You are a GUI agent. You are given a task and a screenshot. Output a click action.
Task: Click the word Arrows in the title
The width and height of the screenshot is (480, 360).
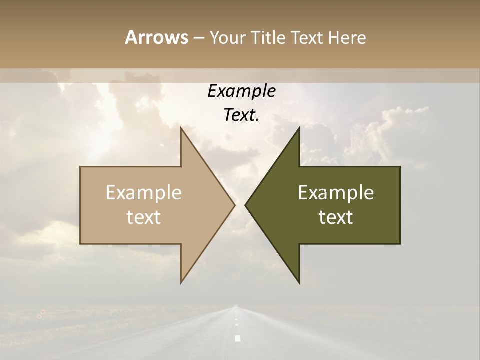coord(156,37)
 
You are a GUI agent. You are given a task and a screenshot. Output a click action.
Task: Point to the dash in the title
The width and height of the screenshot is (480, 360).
coord(198,38)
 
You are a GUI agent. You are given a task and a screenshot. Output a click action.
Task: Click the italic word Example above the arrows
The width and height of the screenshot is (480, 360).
coord(241,91)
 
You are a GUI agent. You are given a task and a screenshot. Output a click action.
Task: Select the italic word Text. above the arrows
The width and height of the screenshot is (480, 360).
coord(241,115)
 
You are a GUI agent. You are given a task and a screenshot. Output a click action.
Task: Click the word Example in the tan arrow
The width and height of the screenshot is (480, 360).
coord(144,193)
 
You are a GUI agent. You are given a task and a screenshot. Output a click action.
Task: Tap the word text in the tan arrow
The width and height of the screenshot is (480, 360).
coord(144,217)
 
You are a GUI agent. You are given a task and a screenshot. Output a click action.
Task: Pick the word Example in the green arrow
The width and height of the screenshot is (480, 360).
coord(336,193)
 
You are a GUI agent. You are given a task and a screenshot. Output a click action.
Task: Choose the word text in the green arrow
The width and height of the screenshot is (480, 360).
coord(336,217)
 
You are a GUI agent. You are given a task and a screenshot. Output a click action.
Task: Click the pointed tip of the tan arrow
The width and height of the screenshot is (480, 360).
coord(234,205)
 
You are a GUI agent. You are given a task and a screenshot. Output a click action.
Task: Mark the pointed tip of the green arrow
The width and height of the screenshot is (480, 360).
coord(245,205)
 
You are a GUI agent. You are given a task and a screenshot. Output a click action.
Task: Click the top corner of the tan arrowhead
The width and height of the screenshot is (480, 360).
coord(181,128)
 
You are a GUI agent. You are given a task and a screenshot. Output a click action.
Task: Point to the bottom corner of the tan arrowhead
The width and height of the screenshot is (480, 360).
coord(181,283)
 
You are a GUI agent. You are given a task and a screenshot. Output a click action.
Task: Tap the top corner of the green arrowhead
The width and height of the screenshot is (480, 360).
coord(299,128)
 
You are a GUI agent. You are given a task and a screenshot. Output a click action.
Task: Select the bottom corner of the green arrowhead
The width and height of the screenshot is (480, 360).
coord(299,283)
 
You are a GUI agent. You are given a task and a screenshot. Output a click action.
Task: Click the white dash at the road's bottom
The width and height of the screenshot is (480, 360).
coord(238,338)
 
